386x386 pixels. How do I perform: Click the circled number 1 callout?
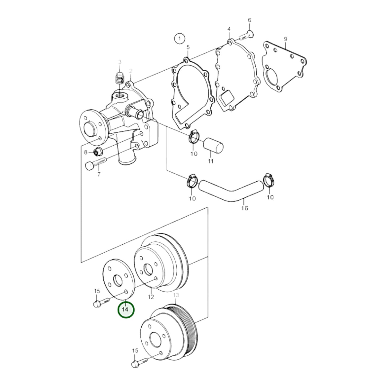(x=180, y=39)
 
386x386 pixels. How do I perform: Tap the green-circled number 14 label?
(x=126, y=310)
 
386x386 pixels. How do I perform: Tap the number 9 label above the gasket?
(x=285, y=39)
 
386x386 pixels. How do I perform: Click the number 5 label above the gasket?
(x=188, y=48)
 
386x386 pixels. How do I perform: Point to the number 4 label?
(x=229, y=29)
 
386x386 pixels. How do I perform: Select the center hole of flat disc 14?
(x=118, y=280)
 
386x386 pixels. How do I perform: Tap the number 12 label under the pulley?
(x=151, y=297)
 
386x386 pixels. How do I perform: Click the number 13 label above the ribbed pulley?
(x=176, y=295)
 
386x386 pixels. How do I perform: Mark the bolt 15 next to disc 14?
(x=100, y=303)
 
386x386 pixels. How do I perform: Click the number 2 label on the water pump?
(x=131, y=71)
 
